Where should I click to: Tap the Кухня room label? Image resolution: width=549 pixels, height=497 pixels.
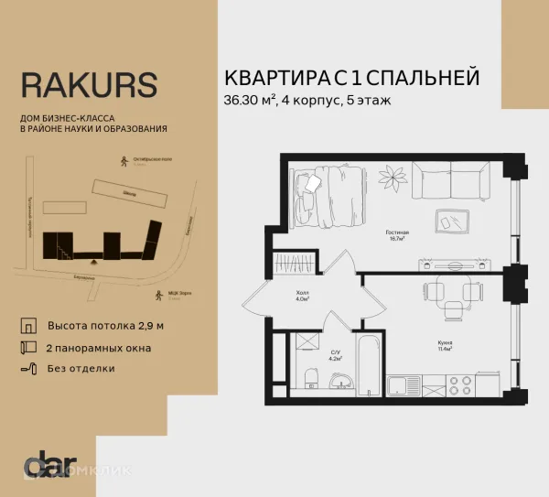[x=444, y=343]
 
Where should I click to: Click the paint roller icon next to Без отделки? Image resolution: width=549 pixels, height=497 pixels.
[x=27, y=369]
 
